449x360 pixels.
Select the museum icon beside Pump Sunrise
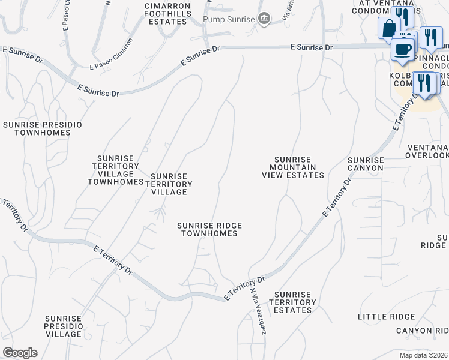click(264, 19)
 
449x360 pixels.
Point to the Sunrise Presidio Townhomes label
click(42, 128)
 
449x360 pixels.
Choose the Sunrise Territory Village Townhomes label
click(115, 170)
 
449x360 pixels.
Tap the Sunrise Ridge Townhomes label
click(209, 229)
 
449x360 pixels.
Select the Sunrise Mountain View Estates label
click(293, 167)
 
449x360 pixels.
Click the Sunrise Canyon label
click(365, 164)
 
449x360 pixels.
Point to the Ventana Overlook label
click(427, 151)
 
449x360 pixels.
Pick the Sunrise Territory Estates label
click(292, 302)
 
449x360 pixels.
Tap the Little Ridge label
click(386, 317)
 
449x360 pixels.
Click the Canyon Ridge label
click(421, 331)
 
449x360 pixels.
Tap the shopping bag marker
click(388, 28)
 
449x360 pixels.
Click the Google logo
click(20, 353)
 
